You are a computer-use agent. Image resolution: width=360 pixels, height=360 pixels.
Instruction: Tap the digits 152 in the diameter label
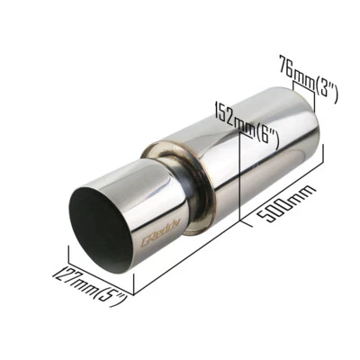click(221, 113)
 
